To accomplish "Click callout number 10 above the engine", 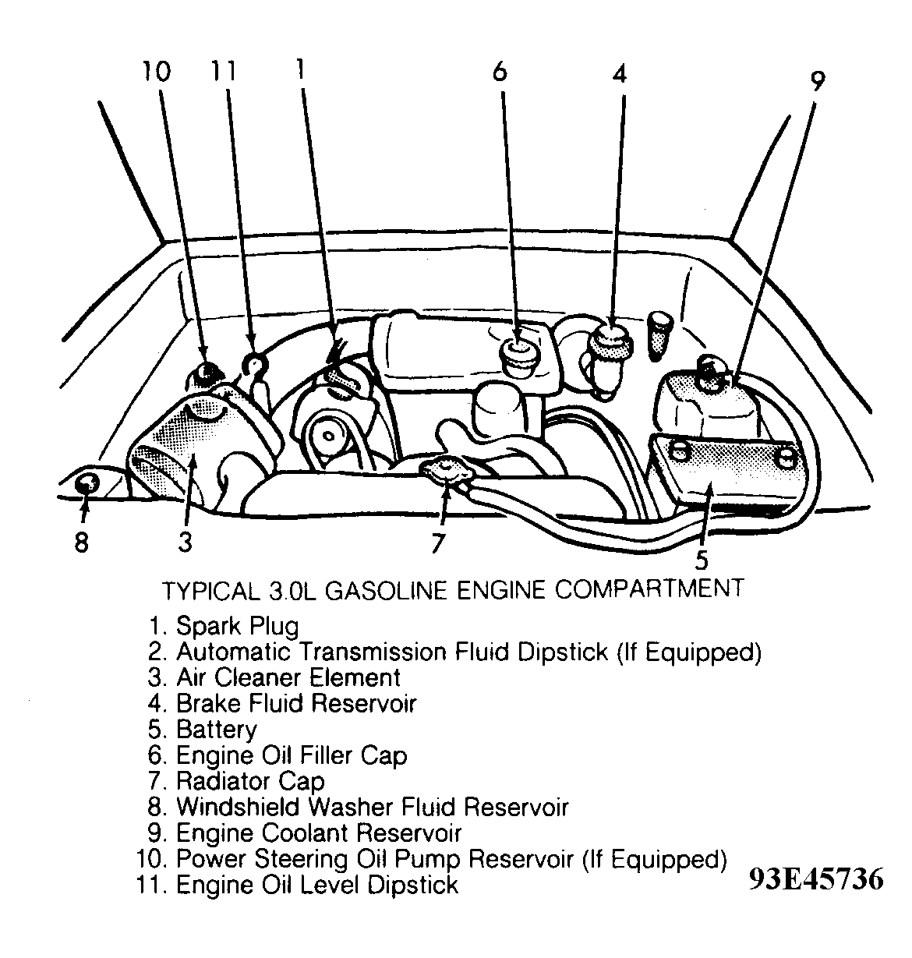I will (x=156, y=72).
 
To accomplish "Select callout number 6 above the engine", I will (x=500, y=72).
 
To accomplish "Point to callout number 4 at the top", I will (x=619, y=74).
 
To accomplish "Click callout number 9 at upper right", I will (x=816, y=81).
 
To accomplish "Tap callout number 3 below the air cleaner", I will (x=185, y=542).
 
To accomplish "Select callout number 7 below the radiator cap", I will (x=438, y=543).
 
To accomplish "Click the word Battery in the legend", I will (x=216, y=730).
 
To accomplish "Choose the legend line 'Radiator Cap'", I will (x=249, y=781).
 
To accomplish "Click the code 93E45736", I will (x=816, y=879).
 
